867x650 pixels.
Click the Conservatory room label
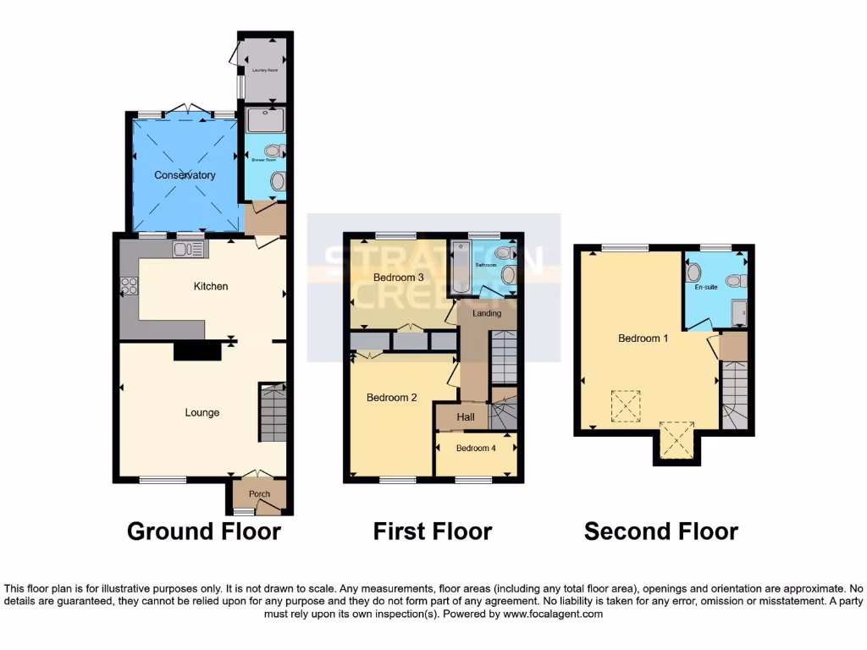tap(185, 175)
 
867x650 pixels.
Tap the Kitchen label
tap(211, 286)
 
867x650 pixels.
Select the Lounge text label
tap(202, 413)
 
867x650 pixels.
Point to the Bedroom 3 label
tap(398, 278)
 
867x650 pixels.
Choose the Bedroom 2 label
tap(391, 398)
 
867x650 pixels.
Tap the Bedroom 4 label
tap(476, 449)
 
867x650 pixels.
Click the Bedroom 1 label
tap(643, 339)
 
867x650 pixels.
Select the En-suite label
tap(705, 287)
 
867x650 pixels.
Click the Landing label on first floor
tap(487, 313)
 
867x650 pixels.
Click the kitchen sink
tap(188, 249)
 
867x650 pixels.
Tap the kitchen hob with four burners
tap(129, 286)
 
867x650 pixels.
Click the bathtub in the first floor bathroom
tap(461, 267)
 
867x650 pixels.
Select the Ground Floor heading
tap(203, 532)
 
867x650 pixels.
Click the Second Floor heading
tap(660, 532)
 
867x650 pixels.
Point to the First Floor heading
tap(432, 532)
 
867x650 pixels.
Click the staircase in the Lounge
tap(273, 412)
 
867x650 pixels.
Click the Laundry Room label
tap(265, 70)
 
